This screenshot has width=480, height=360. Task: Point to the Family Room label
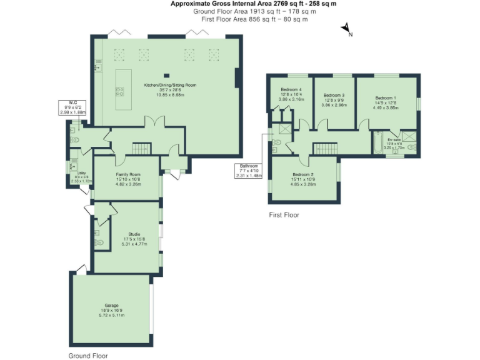pyautogui.click(x=128, y=179)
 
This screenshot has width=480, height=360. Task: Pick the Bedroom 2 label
pyautogui.click(x=302, y=179)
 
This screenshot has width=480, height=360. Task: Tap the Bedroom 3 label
pyautogui.click(x=334, y=100)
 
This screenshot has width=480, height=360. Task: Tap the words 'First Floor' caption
pyautogui.click(x=284, y=214)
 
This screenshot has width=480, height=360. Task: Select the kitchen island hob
pyautogui.click(x=119, y=92)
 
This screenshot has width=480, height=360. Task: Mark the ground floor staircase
pyautogui.click(x=142, y=148)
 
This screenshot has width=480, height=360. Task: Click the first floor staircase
pyautogui.click(x=325, y=148)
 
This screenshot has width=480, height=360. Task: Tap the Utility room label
pyautogui.click(x=82, y=177)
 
